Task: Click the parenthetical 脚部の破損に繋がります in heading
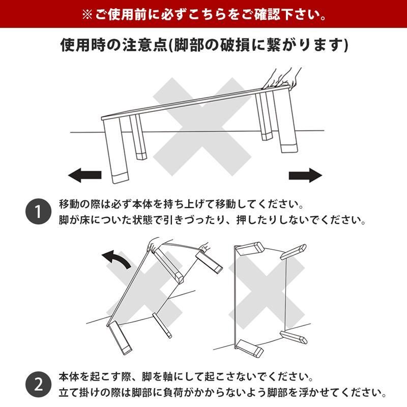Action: click(259, 45)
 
